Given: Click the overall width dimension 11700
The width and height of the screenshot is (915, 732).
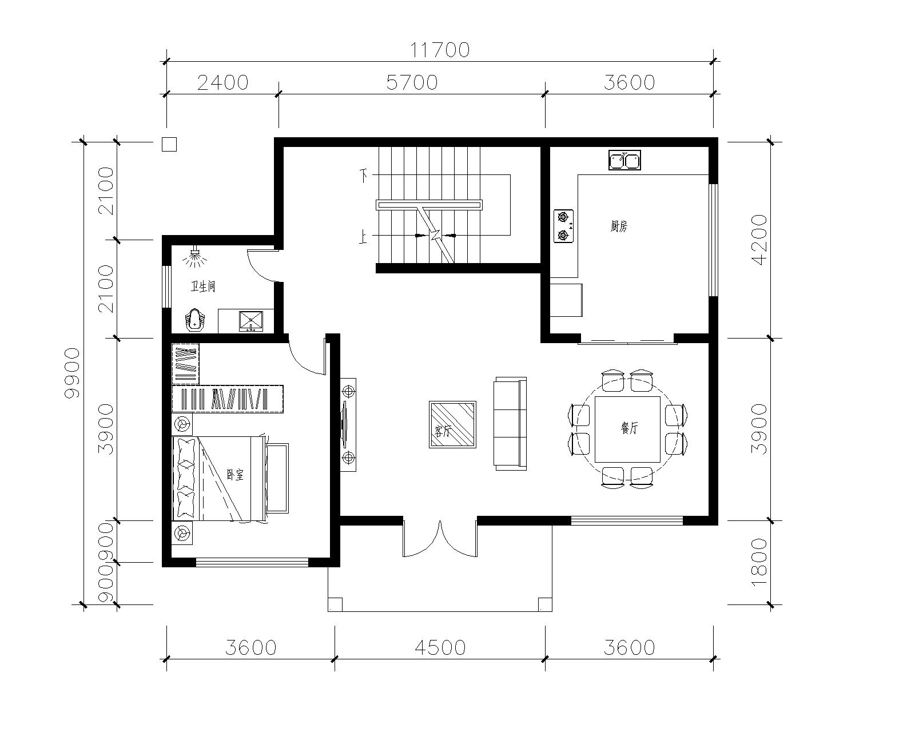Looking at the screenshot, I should tap(440, 50).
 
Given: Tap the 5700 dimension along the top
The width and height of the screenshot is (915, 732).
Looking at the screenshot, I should tap(411, 82).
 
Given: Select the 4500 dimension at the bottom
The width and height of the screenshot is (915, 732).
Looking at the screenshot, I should tap(440, 647).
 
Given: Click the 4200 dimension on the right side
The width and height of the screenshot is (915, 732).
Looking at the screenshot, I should tap(760, 240).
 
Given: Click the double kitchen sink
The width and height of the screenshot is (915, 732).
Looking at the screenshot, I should tap(624, 160).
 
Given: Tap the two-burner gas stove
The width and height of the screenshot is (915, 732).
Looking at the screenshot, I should tap(564, 226).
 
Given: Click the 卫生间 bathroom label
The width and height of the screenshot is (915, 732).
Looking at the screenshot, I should tap(203, 287).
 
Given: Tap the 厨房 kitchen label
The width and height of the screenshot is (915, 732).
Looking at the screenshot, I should tap(619, 226).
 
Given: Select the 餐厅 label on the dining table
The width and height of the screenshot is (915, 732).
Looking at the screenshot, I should tap(629, 428).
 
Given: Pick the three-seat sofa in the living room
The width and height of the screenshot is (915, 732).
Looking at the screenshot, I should tap(510, 424).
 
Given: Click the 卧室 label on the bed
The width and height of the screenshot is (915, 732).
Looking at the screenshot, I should tap(235, 474).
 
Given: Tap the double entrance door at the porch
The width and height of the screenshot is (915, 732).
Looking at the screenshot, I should tap(440, 540).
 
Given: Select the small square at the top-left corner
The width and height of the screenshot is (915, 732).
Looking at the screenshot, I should tap(169, 144).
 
